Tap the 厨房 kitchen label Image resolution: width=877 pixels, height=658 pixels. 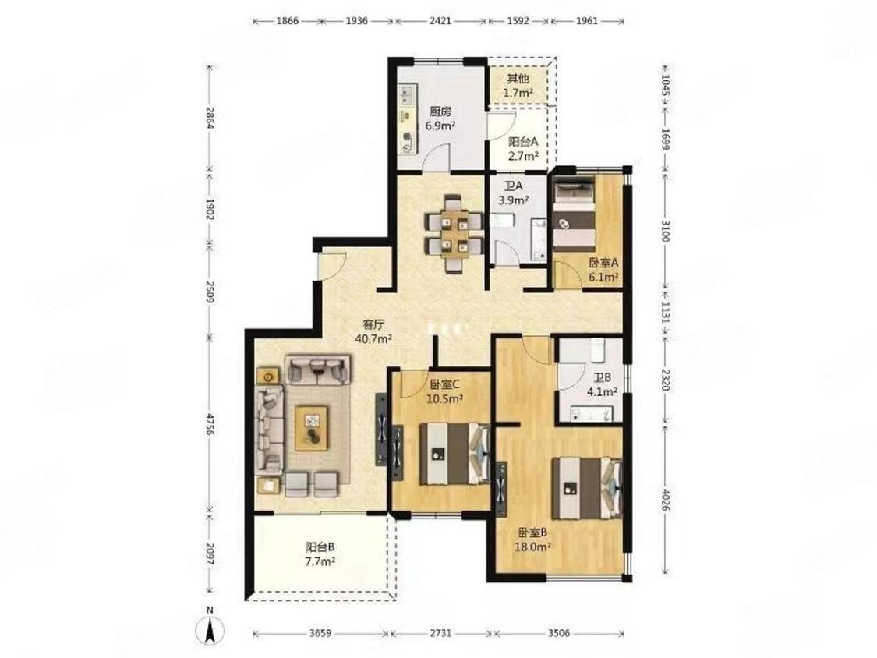coord(440,111)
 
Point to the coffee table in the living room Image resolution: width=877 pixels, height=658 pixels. coord(312,428)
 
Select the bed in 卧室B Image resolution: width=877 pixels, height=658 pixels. coord(587,489)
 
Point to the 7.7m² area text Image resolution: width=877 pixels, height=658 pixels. coord(320,562)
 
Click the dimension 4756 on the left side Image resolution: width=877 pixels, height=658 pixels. coord(210,425)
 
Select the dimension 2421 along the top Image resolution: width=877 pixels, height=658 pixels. coord(441,21)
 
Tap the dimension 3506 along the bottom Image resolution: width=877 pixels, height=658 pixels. coord(559,633)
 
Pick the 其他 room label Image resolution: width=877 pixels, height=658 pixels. coord(518,79)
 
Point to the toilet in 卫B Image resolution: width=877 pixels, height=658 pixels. coord(597,349)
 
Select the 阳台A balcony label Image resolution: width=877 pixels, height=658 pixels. coord(523,142)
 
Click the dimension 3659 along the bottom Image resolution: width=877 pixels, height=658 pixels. coord(320,633)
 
